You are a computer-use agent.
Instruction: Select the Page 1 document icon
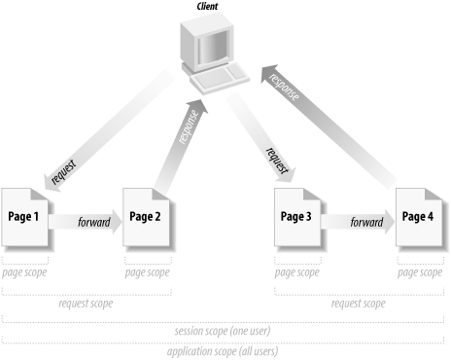[x=24, y=218]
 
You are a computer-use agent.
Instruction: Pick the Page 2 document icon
[x=147, y=218]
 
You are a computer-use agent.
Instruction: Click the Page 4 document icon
[x=419, y=218]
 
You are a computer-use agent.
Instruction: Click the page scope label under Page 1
[x=25, y=273]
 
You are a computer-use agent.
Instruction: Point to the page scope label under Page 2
[x=148, y=273]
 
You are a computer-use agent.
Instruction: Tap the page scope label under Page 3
[x=297, y=273]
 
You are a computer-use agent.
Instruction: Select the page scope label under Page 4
[x=420, y=273]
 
